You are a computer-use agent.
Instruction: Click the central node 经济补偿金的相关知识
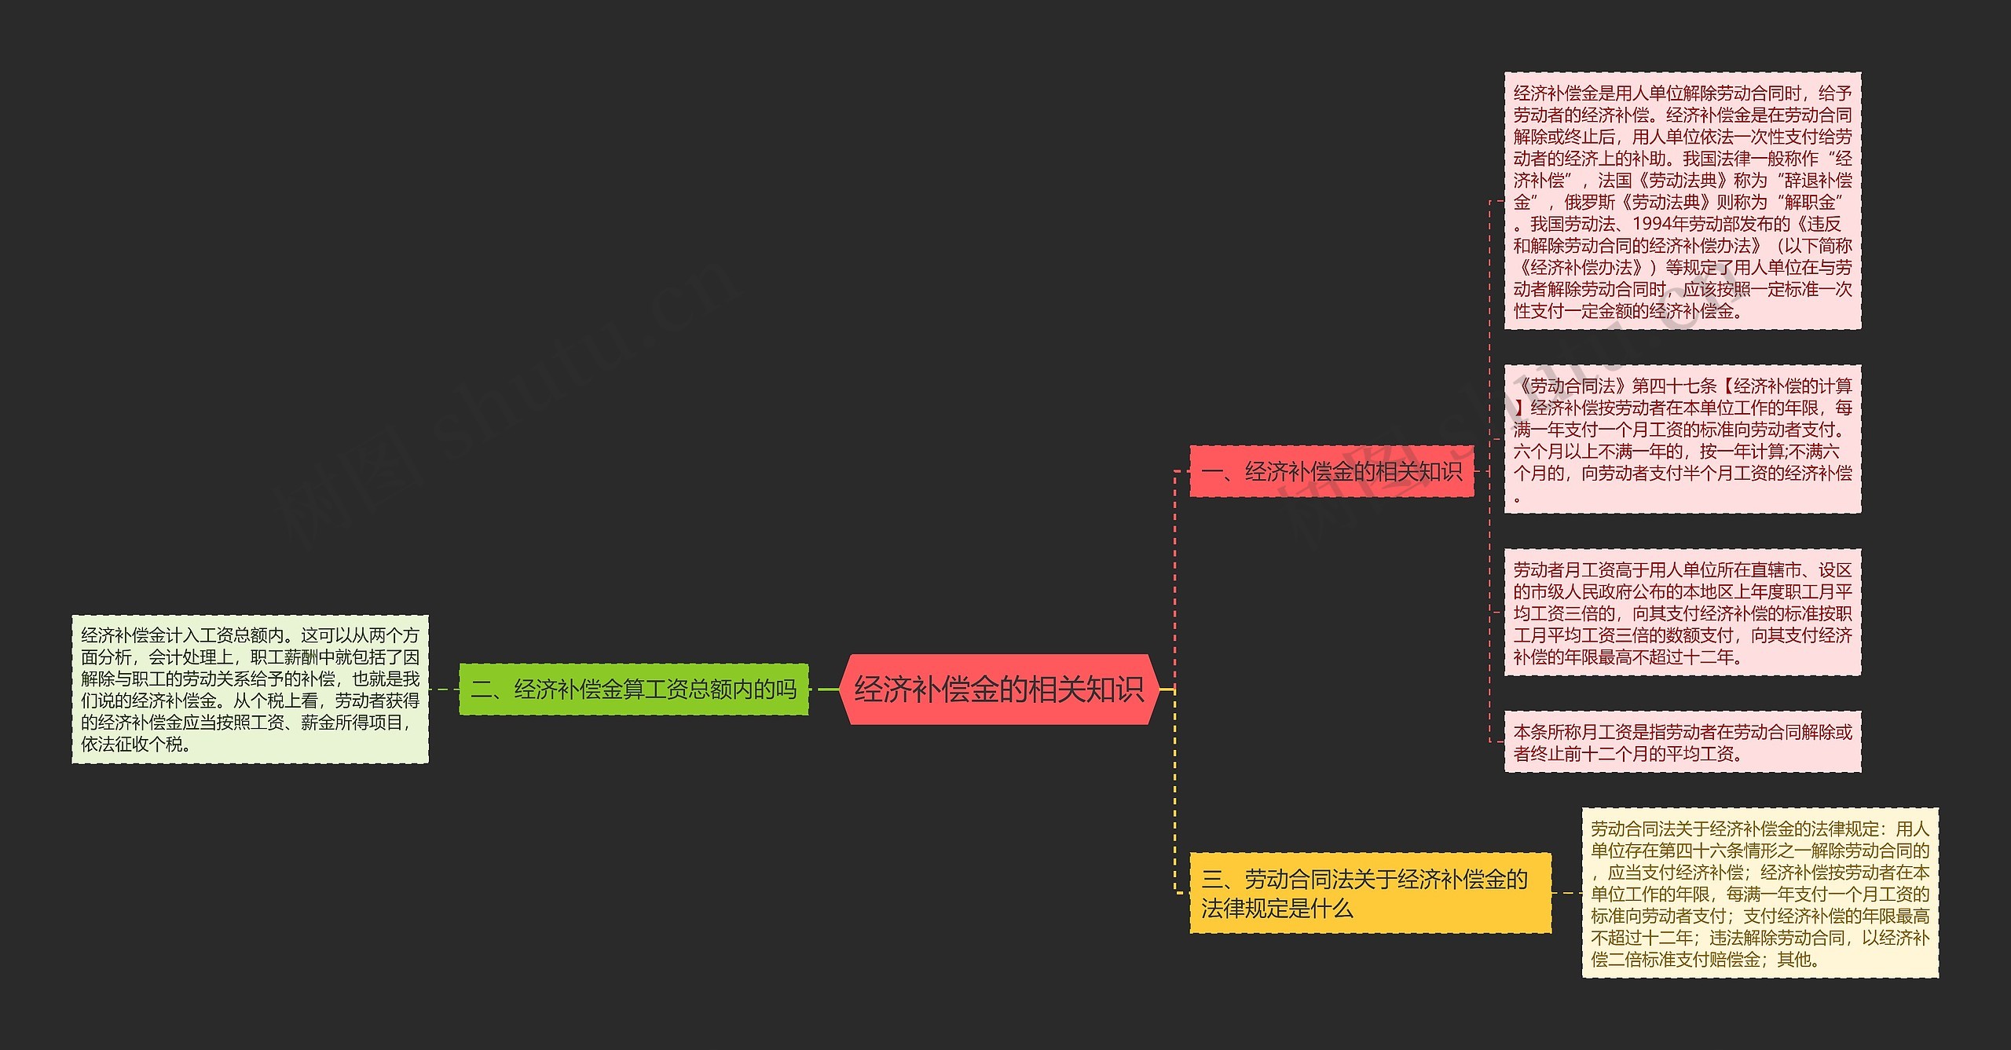coord(998,689)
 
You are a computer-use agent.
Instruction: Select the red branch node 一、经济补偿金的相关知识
coord(1332,471)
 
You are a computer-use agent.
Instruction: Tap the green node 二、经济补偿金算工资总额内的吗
coord(633,690)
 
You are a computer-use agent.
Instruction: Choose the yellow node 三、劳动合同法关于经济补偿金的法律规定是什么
coord(1370,893)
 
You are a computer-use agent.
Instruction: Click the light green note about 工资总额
coord(250,689)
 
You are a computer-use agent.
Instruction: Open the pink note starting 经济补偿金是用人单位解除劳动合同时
coord(1682,201)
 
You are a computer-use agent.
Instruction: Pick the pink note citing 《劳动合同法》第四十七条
coord(1682,439)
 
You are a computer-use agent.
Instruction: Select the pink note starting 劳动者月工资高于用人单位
coord(1682,613)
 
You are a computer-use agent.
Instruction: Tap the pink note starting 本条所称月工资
coord(1682,742)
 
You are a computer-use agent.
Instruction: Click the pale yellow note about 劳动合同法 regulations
coord(1760,893)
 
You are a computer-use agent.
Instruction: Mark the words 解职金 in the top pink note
coord(1811,202)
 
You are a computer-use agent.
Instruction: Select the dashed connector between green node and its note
coord(444,690)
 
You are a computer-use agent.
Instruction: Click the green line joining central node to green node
coord(828,690)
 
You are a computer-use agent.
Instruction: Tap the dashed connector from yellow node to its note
coord(1566,893)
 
